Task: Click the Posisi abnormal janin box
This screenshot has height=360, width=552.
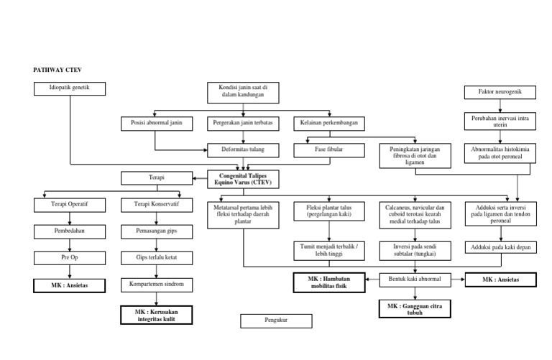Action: coord(156,124)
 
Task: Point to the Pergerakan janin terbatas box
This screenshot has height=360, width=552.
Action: coord(244,124)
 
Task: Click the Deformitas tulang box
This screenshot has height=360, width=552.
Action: coord(244,151)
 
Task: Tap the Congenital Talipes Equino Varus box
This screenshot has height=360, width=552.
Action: coord(244,178)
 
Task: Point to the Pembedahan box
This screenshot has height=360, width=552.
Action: coord(69,231)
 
